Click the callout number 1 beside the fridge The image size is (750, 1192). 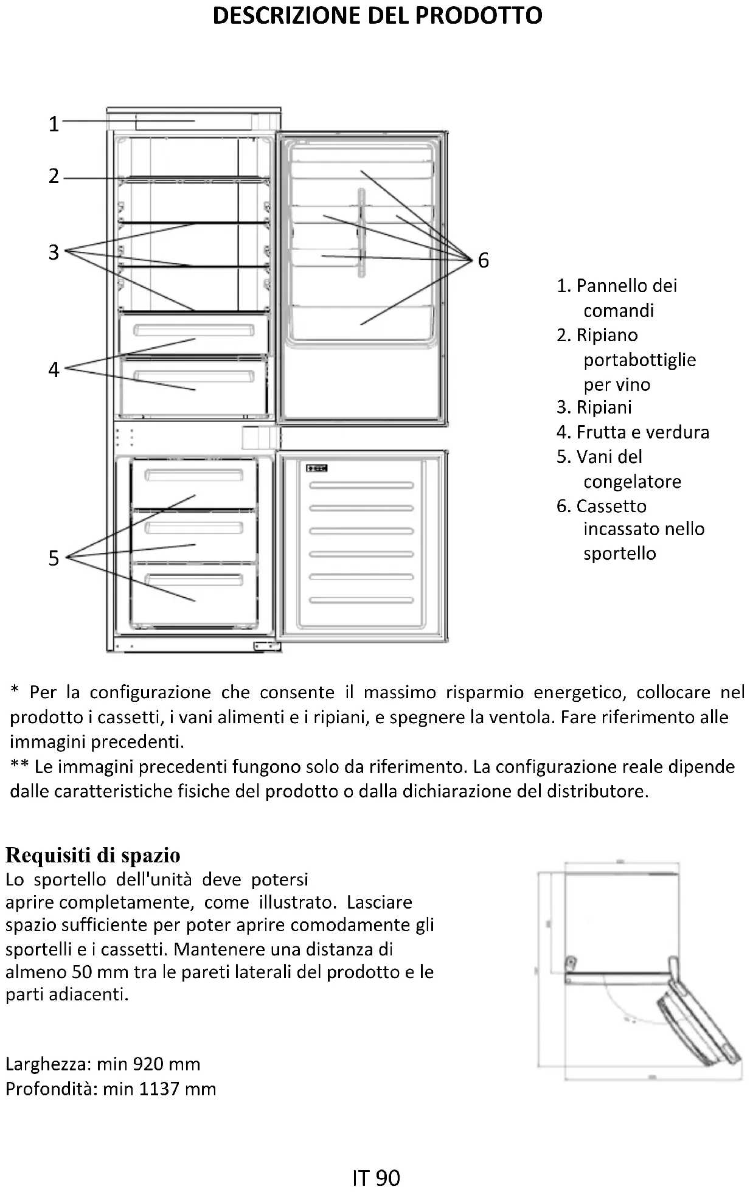pos(54,124)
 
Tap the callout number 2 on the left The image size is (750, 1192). pos(54,176)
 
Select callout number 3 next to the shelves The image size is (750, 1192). pos(54,252)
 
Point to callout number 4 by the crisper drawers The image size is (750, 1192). pos(54,369)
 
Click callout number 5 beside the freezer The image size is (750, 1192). pos(54,558)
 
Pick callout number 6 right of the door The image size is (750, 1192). pos(483,260)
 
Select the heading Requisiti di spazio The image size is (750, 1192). pos(93,855)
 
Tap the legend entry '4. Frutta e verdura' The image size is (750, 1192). pos(633,432)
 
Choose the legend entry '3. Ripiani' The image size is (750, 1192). pos(594,407)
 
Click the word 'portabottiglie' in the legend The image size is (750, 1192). pos(639,359)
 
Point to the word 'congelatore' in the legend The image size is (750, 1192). pos(632,481)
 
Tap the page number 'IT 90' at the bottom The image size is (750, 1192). pos(376,1178)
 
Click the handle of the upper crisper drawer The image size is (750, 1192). pos(193,331)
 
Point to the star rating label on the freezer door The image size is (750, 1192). pos(317,468)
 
